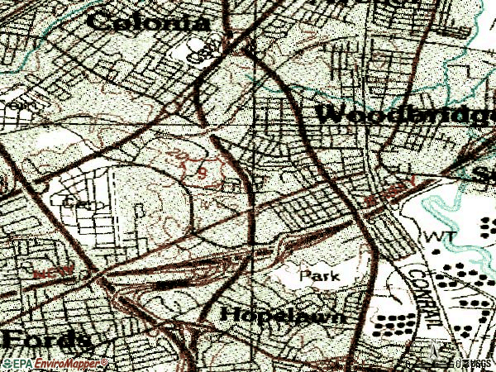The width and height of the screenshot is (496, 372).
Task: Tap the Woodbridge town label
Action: [x=405, y=115]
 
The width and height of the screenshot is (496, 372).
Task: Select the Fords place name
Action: [x=45, y=339]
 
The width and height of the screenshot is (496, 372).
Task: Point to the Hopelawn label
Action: [x=282, y=315]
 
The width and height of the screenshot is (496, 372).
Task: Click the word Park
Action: [x=320, y=274]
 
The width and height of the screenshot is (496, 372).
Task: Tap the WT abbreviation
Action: [x=436, y=237]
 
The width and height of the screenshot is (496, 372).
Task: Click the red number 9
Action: [x=201, y=171]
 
